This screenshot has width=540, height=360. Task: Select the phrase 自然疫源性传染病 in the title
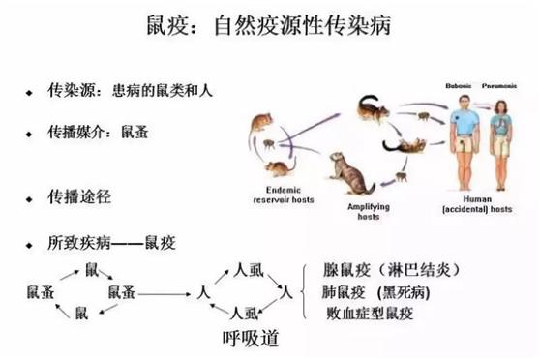coord(300,23)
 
